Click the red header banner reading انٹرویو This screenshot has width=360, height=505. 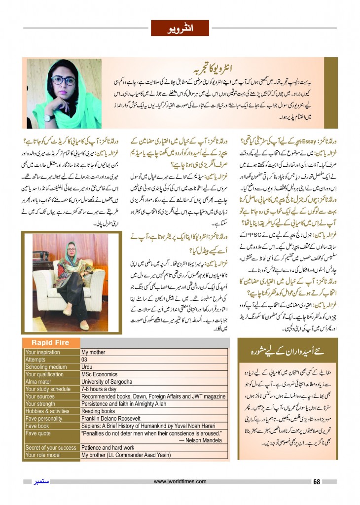click(x=180, y=28)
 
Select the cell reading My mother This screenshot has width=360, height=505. click(x=94, y=352)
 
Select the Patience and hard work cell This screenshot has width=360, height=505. click(x=108, y=448)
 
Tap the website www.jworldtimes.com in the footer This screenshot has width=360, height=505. click(x=180, y=481)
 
